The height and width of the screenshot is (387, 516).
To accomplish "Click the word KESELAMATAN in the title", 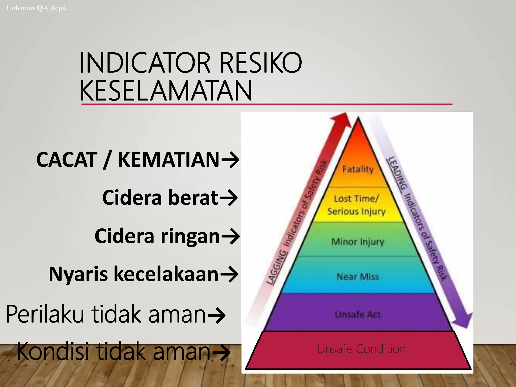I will point(166,90).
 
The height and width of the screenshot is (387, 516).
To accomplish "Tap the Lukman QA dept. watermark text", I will point(37,8).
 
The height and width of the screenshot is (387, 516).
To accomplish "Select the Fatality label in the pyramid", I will point(358,169).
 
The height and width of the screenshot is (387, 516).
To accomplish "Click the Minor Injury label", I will point(358,242).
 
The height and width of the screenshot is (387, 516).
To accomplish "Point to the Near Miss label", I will point(358,277).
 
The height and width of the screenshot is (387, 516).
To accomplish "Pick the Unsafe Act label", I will point(358,314).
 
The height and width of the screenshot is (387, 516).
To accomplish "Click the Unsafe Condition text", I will point(361,349).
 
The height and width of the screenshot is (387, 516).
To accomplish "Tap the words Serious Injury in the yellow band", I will point(357,211).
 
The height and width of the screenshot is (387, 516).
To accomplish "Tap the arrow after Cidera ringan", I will point(230,236).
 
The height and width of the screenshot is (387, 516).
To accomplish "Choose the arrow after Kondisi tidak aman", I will point(221,352).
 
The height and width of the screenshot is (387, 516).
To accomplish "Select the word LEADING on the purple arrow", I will point(397,173).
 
